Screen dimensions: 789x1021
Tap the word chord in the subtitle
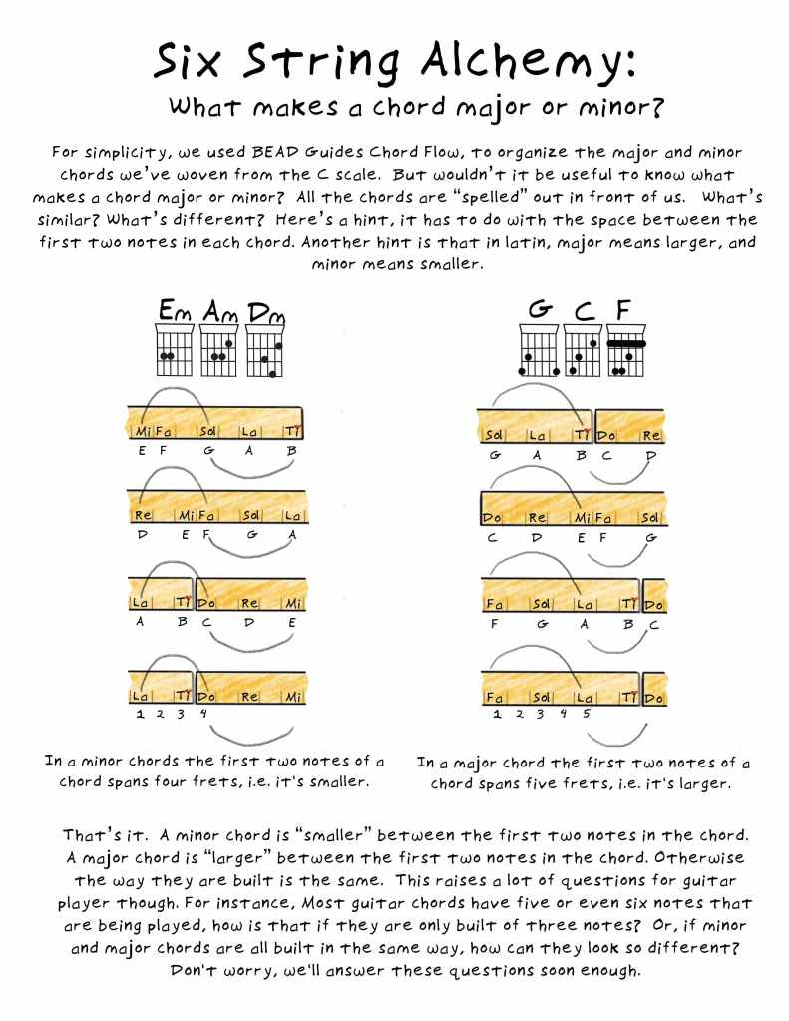410,106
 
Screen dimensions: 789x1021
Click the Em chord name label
176,310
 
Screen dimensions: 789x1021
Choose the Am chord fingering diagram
219,349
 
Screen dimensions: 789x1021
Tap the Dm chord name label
266,313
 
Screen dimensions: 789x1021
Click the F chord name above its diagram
623,310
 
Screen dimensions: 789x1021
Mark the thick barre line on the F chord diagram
626,343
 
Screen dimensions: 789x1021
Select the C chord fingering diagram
583,351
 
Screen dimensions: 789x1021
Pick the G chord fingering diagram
539,351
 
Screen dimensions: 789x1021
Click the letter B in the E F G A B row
291,450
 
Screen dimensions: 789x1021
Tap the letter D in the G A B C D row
649,456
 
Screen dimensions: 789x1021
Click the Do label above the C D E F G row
492,518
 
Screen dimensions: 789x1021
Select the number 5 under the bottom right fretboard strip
586,713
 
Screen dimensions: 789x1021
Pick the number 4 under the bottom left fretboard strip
203,713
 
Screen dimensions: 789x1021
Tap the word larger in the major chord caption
705,784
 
